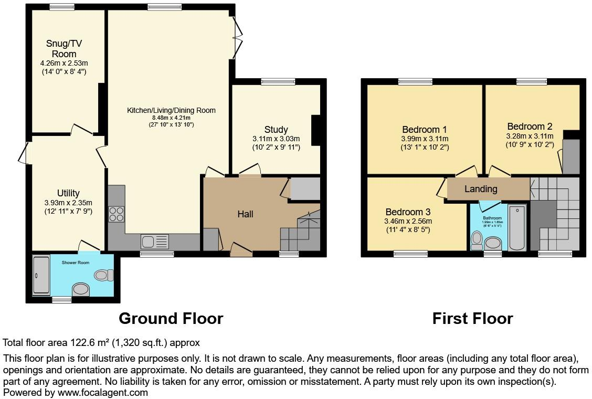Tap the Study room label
(276, 130)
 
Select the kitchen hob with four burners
(117, 215)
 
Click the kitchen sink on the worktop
(154, 241)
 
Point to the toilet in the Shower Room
(103, 274)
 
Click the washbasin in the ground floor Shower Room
(81, 289)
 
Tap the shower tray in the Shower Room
(41, 274)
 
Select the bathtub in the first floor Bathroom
(517, 228)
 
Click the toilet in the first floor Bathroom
(477, 239)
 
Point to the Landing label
(481, 189)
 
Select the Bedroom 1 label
(425, 130)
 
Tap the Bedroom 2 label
(530, 127)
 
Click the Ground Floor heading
(171, 318)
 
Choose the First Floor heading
(472, 318)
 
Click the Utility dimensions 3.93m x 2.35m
(68, 203)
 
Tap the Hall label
(245, 214)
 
